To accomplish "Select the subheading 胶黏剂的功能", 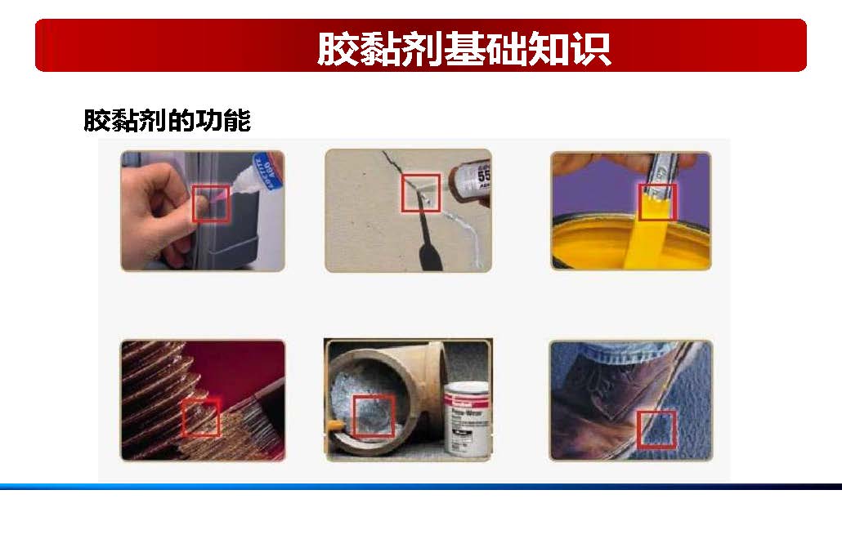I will (x=167, y=121).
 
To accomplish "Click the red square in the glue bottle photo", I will (x=211, y=203).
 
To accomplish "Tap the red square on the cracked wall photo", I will (x=421, y=193).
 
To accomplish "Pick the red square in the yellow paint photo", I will (x=657, y=202).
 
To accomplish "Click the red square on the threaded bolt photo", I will (x=200, y=417).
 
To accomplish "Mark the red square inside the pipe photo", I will (x=374, y=416).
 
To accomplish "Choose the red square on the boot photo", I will (x=656, y=430).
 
